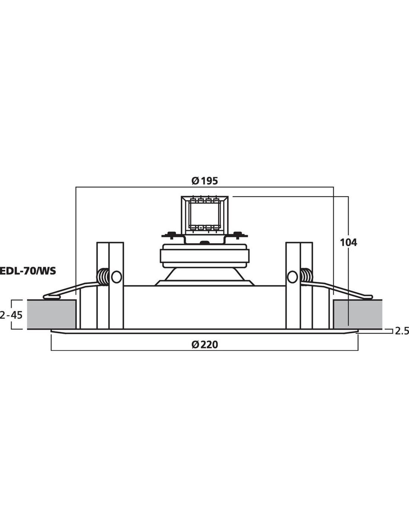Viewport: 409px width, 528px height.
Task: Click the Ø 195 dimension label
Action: [204, 181]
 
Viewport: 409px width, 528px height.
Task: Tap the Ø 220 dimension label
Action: [204, 345]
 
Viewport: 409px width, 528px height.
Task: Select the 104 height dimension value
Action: [348, 242]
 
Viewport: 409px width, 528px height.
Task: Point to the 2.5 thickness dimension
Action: [402, 331]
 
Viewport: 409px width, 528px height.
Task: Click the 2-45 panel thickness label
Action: [11, 315]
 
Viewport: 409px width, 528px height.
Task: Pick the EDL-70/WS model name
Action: [28, 271]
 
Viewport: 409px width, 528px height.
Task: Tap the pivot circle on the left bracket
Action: [116, 277]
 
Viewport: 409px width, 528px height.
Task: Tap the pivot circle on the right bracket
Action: [292, 277]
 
